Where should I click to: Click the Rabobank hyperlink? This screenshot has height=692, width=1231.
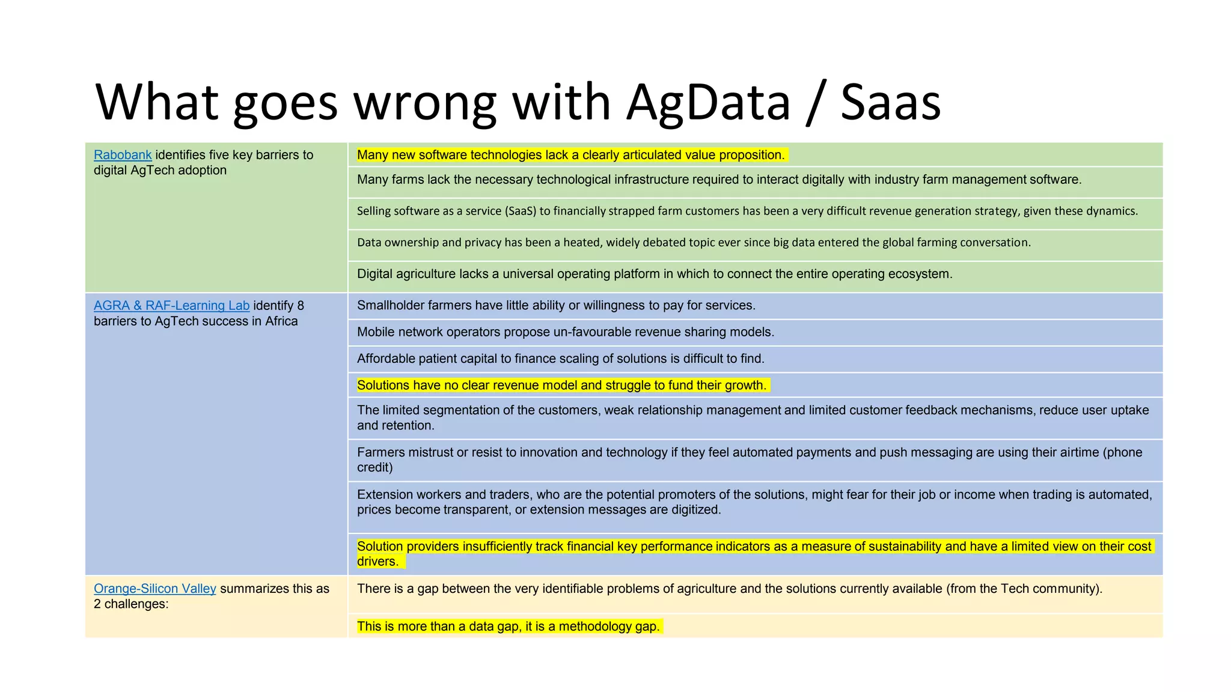pos(123,155)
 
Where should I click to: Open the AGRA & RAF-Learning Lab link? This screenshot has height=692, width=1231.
pos(171,306)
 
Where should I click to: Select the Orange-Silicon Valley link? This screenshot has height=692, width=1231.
pos(154,589)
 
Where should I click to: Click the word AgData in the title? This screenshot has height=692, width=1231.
pos(708,102)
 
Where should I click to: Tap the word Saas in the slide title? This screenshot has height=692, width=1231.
pos(890,102)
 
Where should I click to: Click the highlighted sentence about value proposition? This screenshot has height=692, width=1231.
pos(570,155)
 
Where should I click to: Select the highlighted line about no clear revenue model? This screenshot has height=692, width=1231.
pos(561,385)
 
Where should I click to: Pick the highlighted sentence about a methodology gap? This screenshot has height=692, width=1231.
pos(508,626)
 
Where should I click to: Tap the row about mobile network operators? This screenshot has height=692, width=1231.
pos(565,332)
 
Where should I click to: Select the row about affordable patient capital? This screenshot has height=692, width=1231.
pos(560,359)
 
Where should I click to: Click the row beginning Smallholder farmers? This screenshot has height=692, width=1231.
pos(556,306)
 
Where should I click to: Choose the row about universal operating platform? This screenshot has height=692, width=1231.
pos(654,274)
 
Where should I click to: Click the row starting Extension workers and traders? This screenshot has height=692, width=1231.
pos(754,502)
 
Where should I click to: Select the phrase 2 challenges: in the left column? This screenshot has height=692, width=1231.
pos(131,604)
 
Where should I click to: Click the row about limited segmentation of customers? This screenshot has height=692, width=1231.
pos(752,417)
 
